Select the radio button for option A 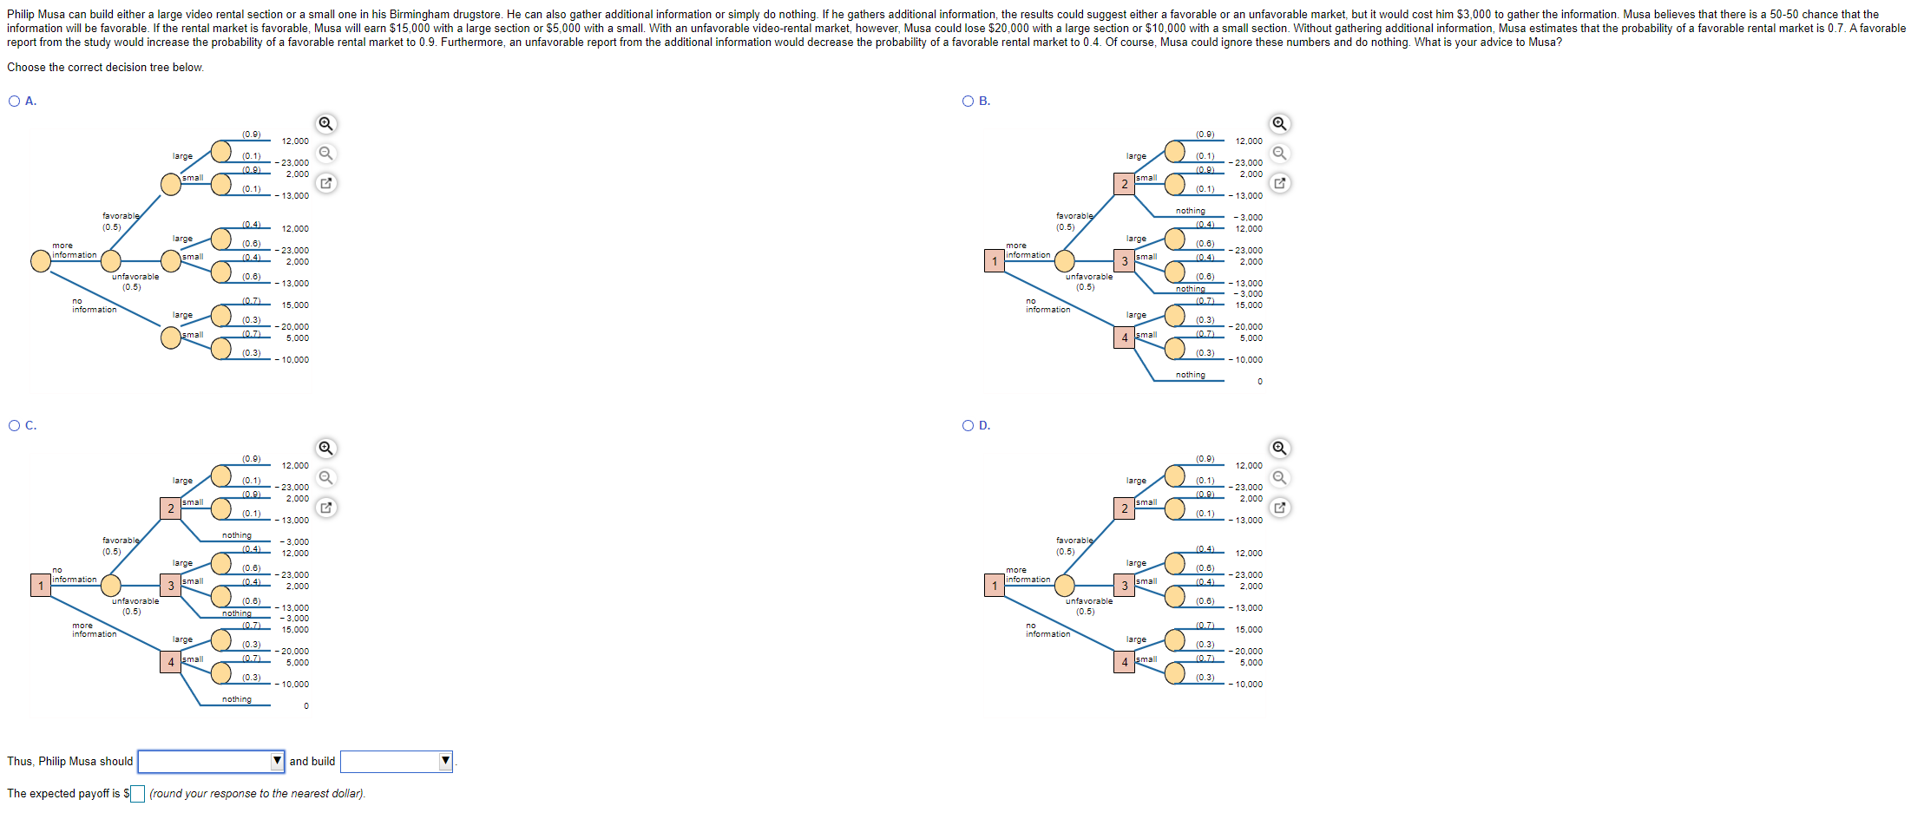15,102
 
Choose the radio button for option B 969,102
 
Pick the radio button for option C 15,426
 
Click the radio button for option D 969,426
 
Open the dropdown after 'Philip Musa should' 211,762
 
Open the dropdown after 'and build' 397,762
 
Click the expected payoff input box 137,794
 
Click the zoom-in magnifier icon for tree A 325,124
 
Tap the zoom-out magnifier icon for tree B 1279,154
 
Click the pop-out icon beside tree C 325,508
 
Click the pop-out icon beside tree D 1279,508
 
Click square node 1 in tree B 995,261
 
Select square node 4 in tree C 171,662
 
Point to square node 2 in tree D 1125,508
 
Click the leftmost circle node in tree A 41,261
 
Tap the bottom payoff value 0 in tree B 1259,382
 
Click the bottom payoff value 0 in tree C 305,706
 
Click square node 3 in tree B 1125,261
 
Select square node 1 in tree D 995,586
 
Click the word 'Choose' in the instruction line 25,68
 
